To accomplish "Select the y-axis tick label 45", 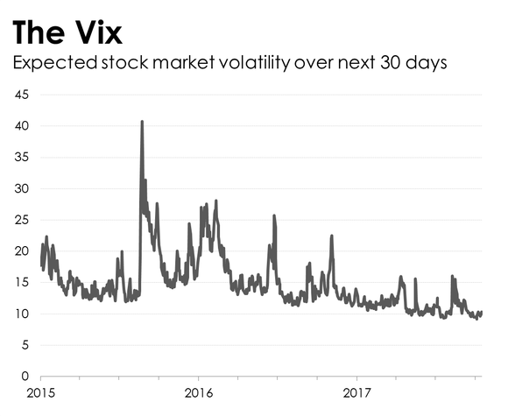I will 22,95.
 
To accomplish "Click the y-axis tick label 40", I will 22,126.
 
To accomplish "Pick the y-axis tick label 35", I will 22,158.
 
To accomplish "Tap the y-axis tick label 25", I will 22,220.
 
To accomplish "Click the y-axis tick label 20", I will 22,251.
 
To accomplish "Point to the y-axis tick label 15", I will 22,283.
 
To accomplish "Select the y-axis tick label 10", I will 22,314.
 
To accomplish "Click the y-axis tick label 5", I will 25,345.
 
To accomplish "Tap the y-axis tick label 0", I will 25,377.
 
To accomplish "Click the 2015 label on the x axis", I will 41,391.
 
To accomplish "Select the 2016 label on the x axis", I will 199,391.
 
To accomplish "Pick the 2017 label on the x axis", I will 356,391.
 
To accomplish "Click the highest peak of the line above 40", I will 142,123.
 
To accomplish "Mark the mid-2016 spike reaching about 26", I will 274,216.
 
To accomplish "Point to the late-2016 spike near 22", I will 331,236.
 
